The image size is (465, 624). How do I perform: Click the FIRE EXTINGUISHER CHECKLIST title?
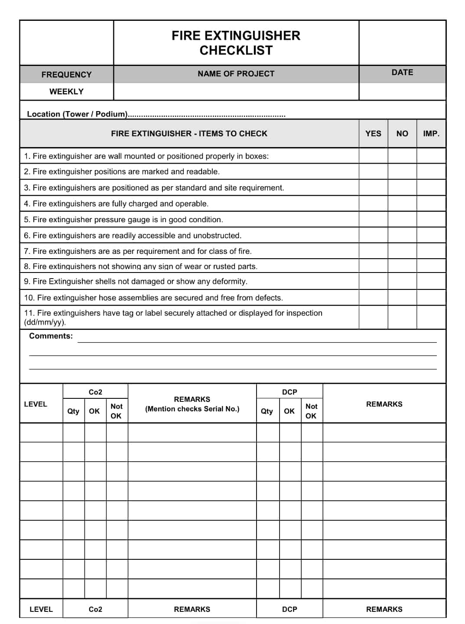236,43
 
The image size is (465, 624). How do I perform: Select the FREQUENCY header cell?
66,75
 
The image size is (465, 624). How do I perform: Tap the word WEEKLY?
66,92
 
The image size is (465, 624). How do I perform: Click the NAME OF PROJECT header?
236,74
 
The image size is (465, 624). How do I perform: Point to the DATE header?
402,72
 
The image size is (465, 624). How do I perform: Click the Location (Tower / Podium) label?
77,114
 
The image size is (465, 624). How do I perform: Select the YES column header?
373,134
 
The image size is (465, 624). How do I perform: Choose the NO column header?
402,134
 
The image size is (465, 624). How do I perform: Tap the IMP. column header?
431,134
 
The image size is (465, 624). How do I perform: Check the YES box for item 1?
373,156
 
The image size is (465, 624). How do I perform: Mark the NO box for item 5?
402,219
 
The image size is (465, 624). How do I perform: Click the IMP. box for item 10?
431,297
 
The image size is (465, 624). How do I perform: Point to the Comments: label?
51,336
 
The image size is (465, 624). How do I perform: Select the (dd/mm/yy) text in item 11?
45,322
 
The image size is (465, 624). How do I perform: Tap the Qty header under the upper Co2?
73,411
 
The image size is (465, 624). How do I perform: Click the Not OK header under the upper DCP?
311,411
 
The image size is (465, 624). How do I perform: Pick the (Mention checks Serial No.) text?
192,409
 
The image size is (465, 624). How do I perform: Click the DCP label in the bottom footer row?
289,609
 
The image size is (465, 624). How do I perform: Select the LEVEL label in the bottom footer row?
41,609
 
